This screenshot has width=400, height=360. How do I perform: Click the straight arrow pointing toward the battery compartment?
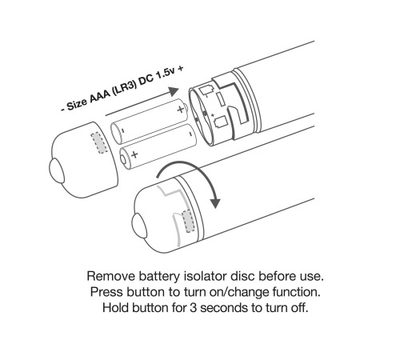142,102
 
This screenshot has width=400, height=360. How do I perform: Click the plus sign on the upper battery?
181,109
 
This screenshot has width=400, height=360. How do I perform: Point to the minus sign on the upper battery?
122,130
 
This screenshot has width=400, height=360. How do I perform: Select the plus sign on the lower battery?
134,154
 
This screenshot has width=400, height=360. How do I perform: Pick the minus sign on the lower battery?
190,134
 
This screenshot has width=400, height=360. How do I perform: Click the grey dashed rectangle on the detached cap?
99,143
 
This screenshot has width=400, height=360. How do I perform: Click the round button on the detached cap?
57,170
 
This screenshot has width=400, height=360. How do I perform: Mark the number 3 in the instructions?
193,308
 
